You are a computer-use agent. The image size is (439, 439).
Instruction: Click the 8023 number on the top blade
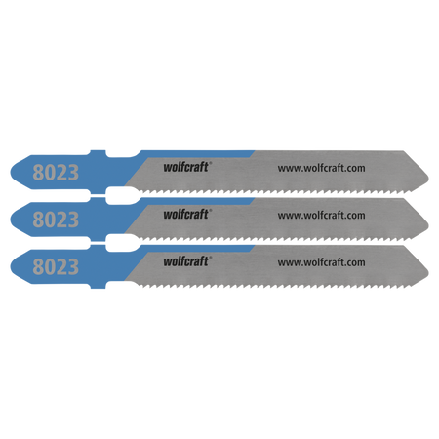tap(56, 173)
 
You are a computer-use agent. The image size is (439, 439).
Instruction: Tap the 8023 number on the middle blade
tap(56, 219)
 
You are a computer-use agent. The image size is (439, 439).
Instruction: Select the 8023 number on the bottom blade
tap(56, 266)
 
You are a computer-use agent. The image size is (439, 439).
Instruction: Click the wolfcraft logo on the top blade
tap(186, 167)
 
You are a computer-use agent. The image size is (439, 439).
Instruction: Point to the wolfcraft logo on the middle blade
tap(186, 214)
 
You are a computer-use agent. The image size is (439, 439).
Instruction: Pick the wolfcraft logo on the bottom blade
tap(186, 261)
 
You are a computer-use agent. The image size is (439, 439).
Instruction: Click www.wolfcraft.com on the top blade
tap(321, 168)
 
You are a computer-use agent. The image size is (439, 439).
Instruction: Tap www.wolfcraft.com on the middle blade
tap(321, 216)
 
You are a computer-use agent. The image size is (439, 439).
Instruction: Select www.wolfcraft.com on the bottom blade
tap(321, 262)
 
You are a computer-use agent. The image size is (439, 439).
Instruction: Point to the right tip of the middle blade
tap(428, 224)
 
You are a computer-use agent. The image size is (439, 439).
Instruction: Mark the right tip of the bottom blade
tap(428, 271)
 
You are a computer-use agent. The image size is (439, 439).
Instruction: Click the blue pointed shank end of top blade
tap(11, 173)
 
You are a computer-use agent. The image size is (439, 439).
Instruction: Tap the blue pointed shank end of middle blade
tap(11, 219)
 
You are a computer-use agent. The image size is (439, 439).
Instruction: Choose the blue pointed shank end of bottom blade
tap(11, 266)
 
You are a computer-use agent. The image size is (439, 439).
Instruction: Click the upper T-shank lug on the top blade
tap(98, 153)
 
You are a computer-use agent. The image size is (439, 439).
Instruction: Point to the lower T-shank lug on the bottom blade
tap(98, 286)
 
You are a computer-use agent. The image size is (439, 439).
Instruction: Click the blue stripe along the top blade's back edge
tap(197, 154)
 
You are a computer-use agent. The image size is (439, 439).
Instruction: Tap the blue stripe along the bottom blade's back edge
tap(197, 249)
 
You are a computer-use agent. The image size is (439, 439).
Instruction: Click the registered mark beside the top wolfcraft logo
tap(211, 163)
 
